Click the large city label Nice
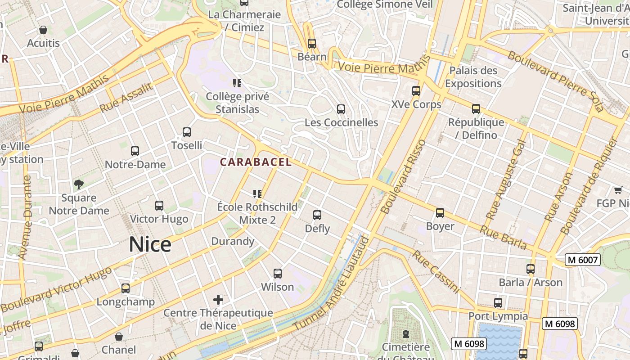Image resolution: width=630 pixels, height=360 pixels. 150,244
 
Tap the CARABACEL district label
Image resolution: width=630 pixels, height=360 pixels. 256,162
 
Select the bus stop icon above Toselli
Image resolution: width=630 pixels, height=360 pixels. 187,132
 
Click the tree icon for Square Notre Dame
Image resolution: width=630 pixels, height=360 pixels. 79,184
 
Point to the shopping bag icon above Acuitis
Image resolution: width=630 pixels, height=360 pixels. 43,30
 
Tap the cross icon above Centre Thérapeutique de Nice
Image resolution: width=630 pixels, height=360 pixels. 218,299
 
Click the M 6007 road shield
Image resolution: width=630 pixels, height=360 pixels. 583,260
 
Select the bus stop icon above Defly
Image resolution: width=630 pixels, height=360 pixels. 317,215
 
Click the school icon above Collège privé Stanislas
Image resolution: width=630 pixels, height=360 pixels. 237,83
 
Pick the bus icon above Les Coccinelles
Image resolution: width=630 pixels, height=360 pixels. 341,109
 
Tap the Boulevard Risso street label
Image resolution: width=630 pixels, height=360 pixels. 403,177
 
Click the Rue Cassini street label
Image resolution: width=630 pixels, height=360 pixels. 436,272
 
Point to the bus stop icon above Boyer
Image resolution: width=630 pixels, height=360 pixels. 440,213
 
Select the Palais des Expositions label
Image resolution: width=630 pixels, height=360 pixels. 473,77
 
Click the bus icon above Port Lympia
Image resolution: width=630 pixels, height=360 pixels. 498,302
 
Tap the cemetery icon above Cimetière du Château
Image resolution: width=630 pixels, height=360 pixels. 406,334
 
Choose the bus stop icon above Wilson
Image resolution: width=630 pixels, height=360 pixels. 278,273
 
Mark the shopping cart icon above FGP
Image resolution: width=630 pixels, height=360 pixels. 618,190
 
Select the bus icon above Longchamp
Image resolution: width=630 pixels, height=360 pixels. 126,288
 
